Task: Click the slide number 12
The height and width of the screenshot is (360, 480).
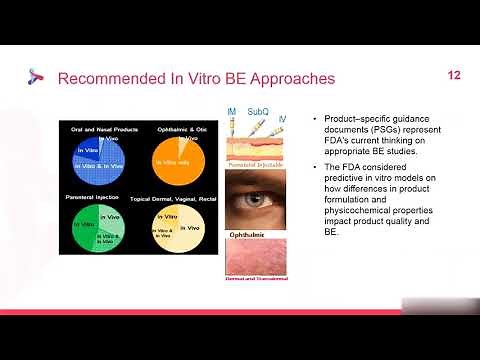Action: pos(453,76)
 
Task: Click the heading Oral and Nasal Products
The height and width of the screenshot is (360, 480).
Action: pos(96,128)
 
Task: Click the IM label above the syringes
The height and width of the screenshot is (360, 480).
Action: pos(232,111)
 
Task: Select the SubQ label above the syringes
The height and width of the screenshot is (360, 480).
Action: pos(257,111)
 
